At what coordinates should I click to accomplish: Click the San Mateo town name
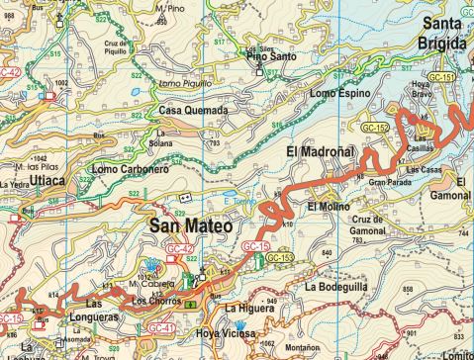pos(190,226)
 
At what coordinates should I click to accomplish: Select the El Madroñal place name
pos(320,151)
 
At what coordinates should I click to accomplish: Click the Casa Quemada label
pos(193,111)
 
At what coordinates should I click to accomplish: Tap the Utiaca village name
pos(47,183)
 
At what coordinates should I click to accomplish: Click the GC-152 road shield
pos(374,128)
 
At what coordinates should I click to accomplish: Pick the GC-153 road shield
pos(281,257)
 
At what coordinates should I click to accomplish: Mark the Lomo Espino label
pos(339,93)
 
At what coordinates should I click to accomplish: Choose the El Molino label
pos(326,206)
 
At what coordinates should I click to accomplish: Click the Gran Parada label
pos(389,182)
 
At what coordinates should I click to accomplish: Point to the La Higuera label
pos(247,309)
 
